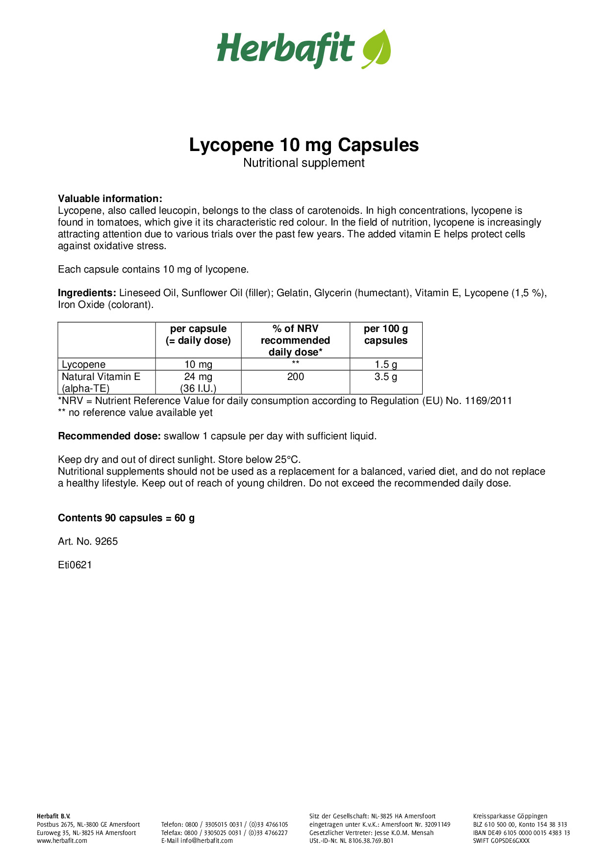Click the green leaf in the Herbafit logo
click(377, 49)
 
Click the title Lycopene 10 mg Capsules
click(304, 145)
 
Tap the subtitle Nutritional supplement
click(304, 163)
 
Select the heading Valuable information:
click(110, 199)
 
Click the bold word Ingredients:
click(87, 293)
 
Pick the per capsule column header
click(198, 334)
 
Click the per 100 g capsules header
click(386, 334)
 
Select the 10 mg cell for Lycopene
click(198, 364)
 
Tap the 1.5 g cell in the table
click(386, 364)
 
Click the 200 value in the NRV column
click(296, 377)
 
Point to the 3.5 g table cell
click(386, 377)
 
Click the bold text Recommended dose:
click(109, 436)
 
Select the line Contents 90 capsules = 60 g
click(127, 518)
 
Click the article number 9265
click(106, 541)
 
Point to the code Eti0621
click(75, 565)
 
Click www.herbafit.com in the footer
click(62, 840)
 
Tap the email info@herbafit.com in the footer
click(206, 840)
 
